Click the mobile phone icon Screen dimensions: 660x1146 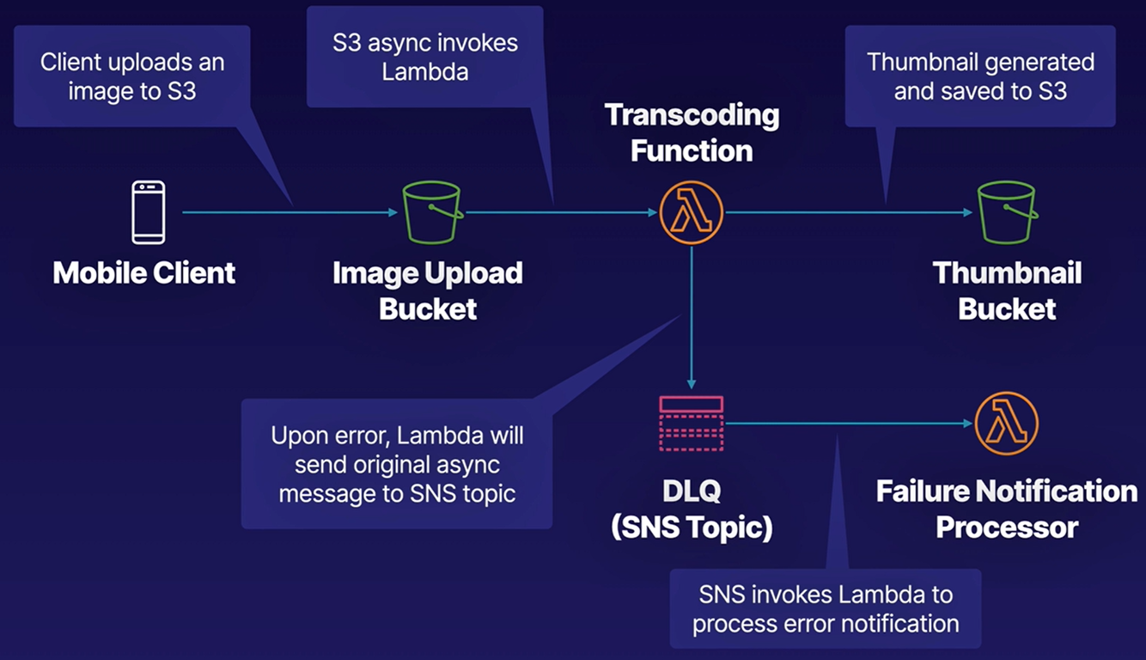(x=148, y=212)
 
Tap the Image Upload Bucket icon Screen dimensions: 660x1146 (x=431, y=212)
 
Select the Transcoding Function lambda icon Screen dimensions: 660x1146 (x=692, y=212)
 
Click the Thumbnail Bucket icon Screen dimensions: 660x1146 (x=1006, y=212)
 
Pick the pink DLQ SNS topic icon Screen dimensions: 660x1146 (x=692, y=424)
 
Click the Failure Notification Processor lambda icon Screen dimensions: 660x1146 (x=1006, y=424)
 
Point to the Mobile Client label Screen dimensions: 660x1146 (x=144, y=273)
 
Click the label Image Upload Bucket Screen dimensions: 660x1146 (x=428, y=290)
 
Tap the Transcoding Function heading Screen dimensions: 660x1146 (x=692, y=132)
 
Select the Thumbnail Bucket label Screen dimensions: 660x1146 (x=1007, y=290)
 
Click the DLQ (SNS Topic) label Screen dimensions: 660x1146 (x=692, y=509)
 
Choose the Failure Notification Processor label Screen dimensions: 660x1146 (x=1006, y=509)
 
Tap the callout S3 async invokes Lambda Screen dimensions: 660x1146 (x=425, y=57)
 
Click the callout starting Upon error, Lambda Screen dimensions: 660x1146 (x=396, y=463)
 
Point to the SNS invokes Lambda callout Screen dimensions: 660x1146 (x=825, y=608)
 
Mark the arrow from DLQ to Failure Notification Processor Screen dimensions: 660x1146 (x=850, y=423)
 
